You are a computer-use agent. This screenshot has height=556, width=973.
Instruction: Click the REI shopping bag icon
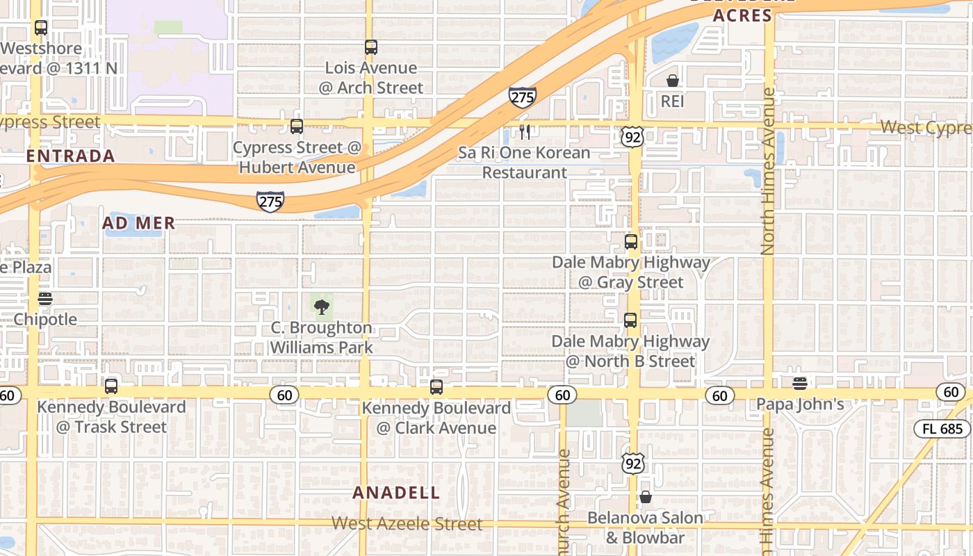pyautogui.click(x=672, y=81)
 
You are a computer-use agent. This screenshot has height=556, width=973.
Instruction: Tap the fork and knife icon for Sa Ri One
pyautogui.click(x=525, y=132)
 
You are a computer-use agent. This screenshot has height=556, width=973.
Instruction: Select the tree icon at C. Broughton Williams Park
pyautogui.click(x=321, y=307)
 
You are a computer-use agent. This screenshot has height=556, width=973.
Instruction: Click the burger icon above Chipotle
pyautogui.click(x=45, y=299)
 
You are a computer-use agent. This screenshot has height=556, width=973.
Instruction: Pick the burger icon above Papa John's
pyautogui.click(x=800, y=383)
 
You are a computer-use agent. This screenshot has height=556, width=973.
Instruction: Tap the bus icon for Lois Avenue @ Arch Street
pyautogui.click(x=371, y=47)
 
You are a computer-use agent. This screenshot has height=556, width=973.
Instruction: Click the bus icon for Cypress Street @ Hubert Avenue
pyautogui.click(x=297, y=126)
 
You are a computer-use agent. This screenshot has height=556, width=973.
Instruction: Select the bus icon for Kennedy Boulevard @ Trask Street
pyautogui.click(x=111, y=386)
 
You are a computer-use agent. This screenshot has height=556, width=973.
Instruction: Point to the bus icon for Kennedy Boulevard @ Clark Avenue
pyautogui.click(x=436, y=387)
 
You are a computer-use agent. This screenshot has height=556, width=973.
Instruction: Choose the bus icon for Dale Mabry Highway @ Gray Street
pyautogui.click(x=630, y=242)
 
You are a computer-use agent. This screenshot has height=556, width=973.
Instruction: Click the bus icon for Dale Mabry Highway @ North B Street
pyautogui.click(x=630, y=320)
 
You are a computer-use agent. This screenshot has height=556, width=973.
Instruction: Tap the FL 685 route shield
pyautogui.click(x=942, y=429)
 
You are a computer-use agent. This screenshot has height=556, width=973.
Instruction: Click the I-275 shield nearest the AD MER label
pyautogui.click(x=270, y=202)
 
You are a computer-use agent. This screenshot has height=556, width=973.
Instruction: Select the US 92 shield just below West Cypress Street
pyautogui.click(x=632, y=137)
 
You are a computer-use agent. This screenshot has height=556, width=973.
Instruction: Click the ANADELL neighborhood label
pyautogui.click(x=396, y=493)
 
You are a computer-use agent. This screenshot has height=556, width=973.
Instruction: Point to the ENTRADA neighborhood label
pyautogui.click(x=71, y=156)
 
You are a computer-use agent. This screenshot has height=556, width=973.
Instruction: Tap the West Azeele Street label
pyautogui.click(x=407, y=523)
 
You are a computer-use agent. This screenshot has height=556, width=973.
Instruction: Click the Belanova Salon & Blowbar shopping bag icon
pyautogui.click(x=646, y=497)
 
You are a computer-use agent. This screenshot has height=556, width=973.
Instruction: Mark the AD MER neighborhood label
pyautogui.click(x=138, y=223)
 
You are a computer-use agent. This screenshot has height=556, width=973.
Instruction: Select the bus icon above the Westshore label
pyautogui.click(x=41, y=28)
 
